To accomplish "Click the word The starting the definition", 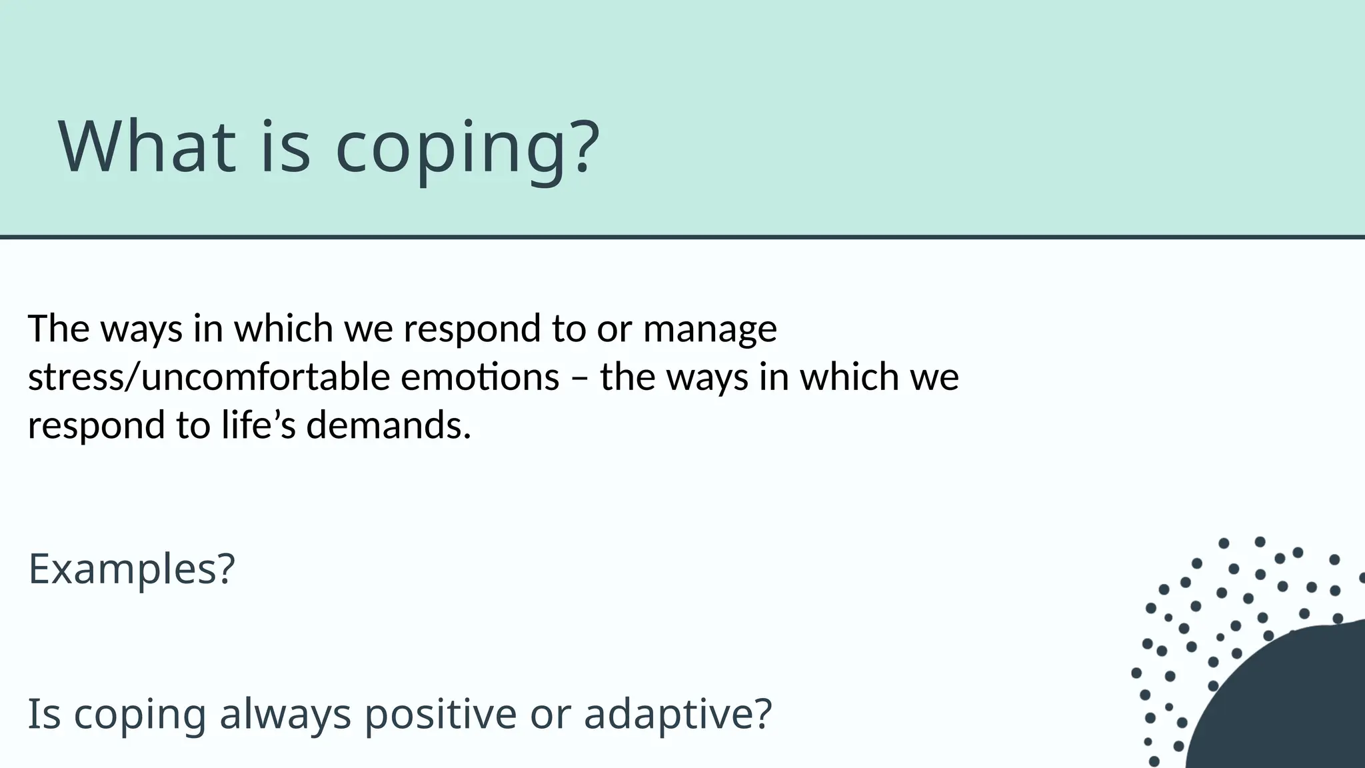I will click(59, 329).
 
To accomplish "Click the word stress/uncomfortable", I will click(209, 377).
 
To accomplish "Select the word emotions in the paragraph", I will click(480, 377).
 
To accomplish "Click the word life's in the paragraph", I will click(258, 425).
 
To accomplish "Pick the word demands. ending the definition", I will click(389, 425).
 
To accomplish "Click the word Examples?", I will click(131, 570).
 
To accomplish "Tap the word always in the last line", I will click(285, 715).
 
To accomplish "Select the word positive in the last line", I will click(441, 715).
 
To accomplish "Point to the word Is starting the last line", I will click(44, 713).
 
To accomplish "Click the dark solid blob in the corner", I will click(1293, 707).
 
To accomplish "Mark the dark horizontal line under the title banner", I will click(682, 237).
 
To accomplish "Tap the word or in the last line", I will click(550, 715).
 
